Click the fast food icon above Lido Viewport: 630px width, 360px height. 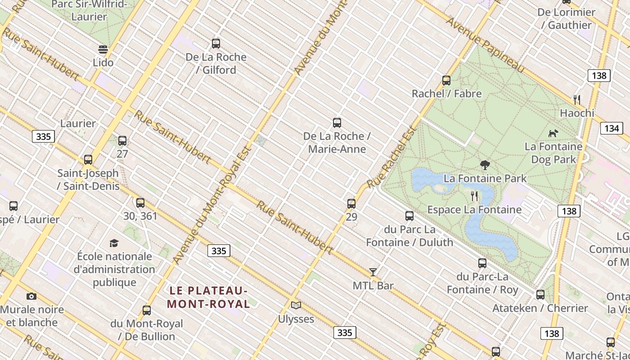click(x=103, y=49)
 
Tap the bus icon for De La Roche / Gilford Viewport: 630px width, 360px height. click(x=216, y=44)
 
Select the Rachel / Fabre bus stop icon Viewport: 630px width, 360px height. click(x=446, y=81)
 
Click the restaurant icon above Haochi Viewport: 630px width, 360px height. click(x=577, y=99)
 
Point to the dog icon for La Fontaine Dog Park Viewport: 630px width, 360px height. click(x=553, y=133)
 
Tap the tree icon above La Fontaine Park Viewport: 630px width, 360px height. click(x=485, y=165)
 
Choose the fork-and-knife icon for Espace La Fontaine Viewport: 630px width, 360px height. click(x=474, y=196)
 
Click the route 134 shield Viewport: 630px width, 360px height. click(x=612, y=129)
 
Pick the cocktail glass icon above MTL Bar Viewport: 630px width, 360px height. click(x=373, y=272)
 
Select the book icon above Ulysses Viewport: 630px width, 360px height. click(x=296, y=306)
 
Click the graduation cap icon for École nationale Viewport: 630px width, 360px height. click(x=114, y=243)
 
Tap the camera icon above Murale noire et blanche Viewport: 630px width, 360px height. click(x=31, y=296)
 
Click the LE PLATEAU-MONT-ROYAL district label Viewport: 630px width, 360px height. click(x=208, y=297)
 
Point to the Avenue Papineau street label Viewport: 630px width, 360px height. click(x=486, y=45)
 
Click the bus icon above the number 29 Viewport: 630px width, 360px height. click(x=351, y=204)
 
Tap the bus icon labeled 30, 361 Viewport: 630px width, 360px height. click(x=140, y=203)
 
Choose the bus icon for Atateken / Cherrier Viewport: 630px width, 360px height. click(x=540, y=295)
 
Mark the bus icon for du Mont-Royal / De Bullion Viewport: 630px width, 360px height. click(x=147, y=310)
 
